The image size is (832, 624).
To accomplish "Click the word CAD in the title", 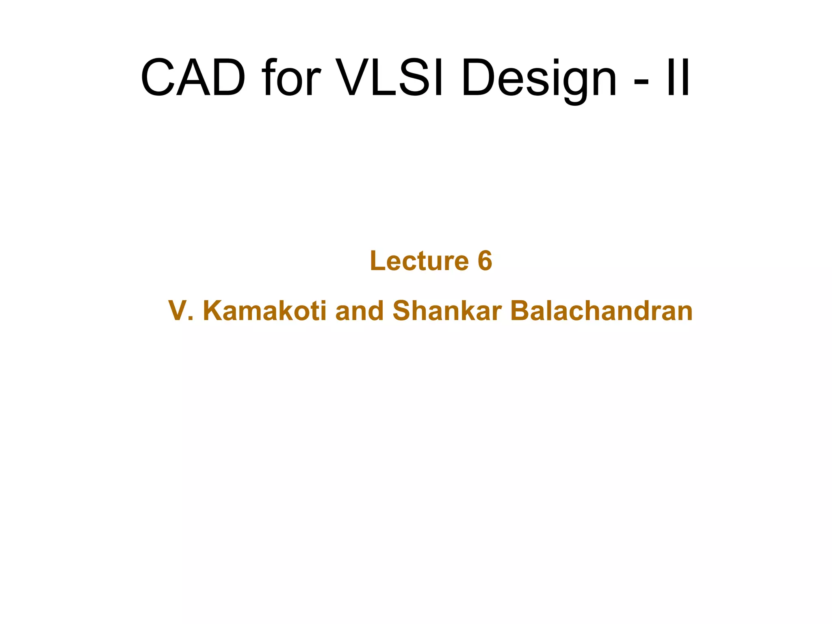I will click(193, 78).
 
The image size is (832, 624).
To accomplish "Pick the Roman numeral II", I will click(678, 78).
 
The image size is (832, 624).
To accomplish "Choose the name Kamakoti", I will click(264, 311).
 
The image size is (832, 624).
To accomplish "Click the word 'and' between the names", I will click(360, 311).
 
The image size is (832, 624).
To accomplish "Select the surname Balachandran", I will click(602, 311).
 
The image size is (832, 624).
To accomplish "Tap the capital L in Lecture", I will click(377, 261).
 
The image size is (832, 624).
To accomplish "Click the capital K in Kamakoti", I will click(213, 311).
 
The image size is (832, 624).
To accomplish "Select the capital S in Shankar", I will click(404, 311).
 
